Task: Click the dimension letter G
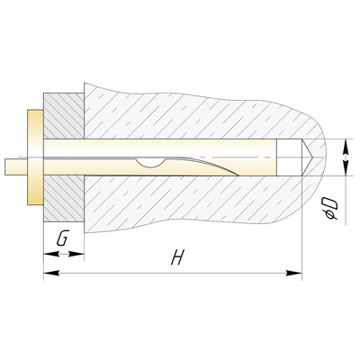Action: point(63,238)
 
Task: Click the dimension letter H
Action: point(177,256)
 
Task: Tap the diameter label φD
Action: point(330,208)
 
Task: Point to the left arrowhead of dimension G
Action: point(51,254)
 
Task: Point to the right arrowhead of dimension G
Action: point(76,254)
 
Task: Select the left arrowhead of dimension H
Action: point(51,273)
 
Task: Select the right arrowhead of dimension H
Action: point(294,273)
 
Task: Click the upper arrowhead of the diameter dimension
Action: point(346,147)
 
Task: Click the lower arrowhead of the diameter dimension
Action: point(346,167)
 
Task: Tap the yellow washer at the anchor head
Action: point(35,157)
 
